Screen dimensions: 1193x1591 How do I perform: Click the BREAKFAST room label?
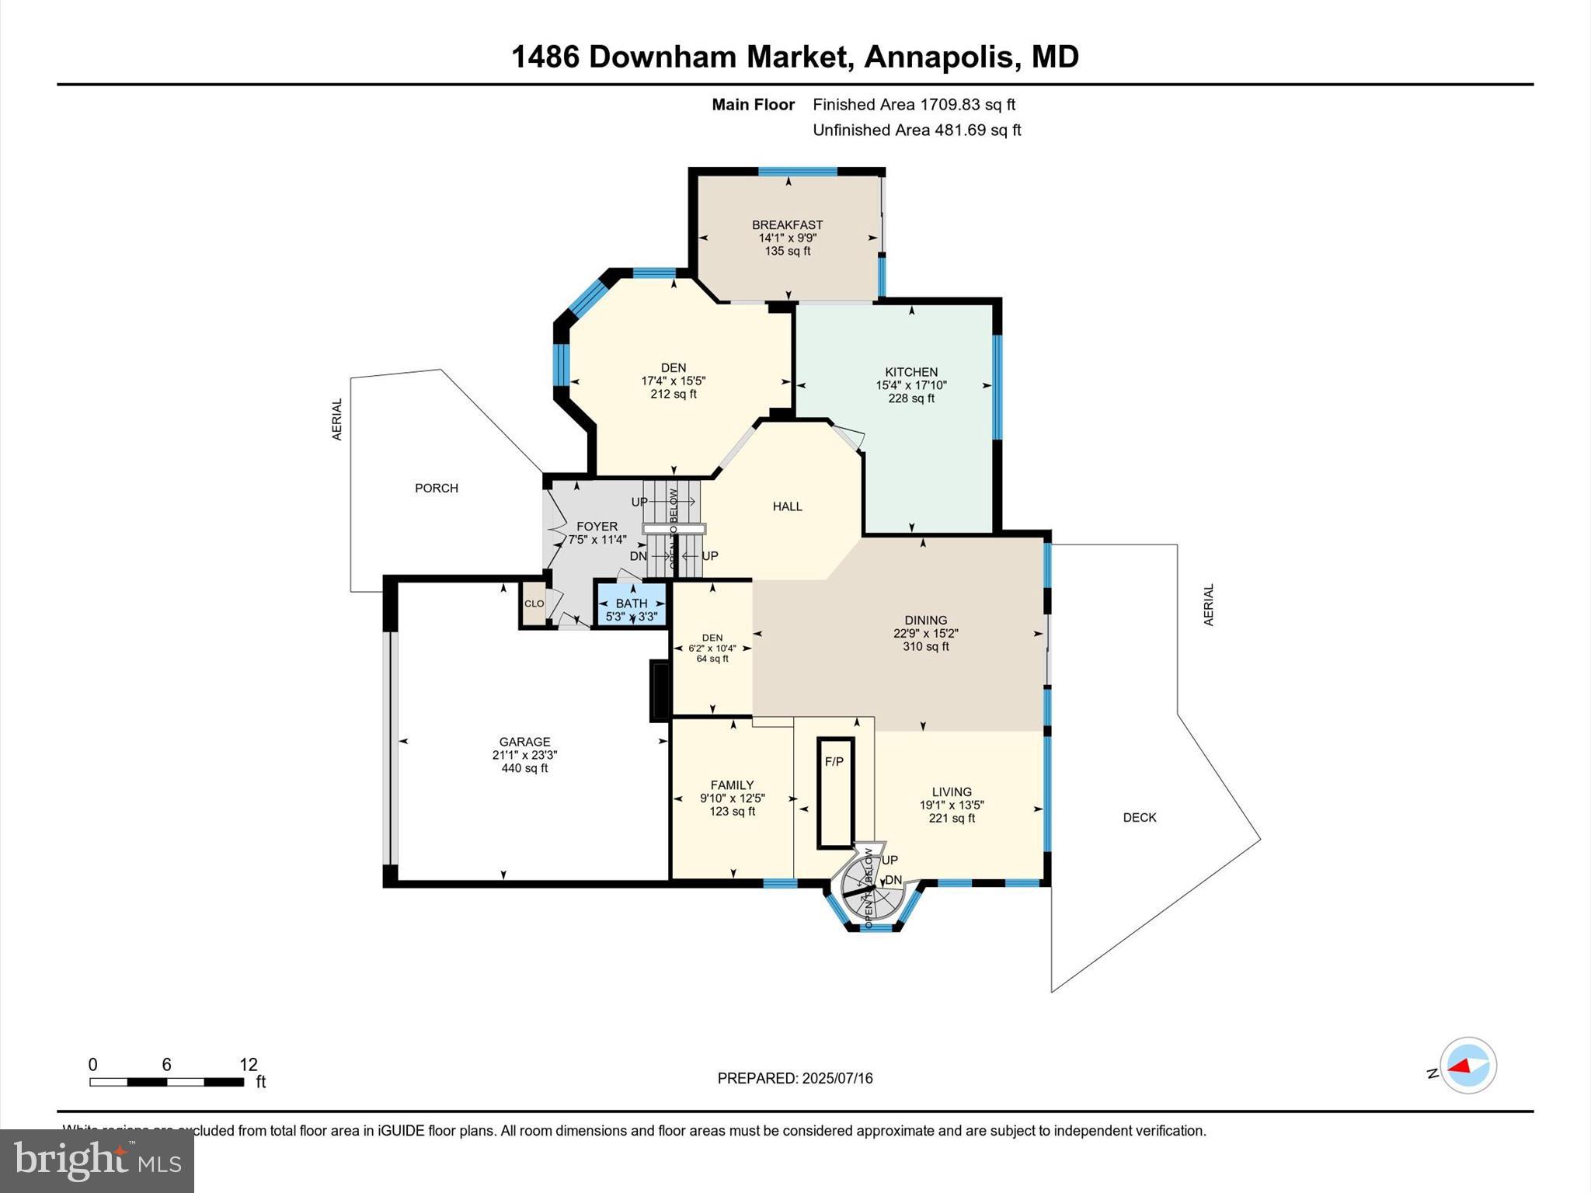787,225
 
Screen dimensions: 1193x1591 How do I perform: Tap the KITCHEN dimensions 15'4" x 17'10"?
911,385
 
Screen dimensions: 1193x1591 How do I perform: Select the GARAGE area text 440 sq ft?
524,768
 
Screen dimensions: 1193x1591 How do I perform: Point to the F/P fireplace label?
834,762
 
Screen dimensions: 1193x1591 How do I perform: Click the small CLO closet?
534,603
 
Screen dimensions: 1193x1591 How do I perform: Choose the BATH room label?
631,603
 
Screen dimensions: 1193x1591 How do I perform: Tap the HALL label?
787,506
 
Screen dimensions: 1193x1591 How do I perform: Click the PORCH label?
436,488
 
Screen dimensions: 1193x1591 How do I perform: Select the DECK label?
1139,817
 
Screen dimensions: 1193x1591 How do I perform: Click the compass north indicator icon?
1467,1066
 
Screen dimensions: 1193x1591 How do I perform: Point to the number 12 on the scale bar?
248,1064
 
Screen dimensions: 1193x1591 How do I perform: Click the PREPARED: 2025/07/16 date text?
795,1078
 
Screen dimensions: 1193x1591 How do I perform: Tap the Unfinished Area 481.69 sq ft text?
916,130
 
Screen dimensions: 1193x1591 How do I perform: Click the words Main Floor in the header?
753,105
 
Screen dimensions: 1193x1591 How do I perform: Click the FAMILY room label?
732,785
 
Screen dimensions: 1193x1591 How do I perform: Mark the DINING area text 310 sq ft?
925,646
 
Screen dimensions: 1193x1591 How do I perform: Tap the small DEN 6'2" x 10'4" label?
712,648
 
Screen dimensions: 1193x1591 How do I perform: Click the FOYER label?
597,527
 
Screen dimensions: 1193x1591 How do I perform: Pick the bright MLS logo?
97,1160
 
